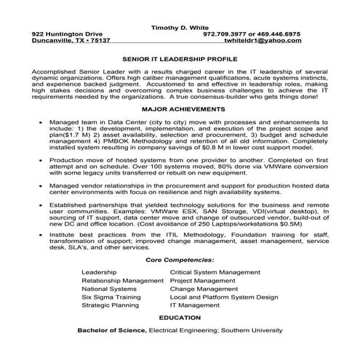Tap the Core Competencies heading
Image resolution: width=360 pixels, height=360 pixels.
tap(180, 258)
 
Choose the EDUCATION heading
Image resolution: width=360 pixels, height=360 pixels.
tap(180, 318)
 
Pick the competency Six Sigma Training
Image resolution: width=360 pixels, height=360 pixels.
tap(111, 297)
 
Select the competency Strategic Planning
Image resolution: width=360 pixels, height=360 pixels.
tap(111, 305)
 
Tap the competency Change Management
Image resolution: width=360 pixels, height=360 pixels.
tap(204, 288)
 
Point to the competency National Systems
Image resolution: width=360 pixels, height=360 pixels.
tap(110, 288)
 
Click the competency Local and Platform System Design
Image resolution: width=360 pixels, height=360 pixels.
tap(223, 297)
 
